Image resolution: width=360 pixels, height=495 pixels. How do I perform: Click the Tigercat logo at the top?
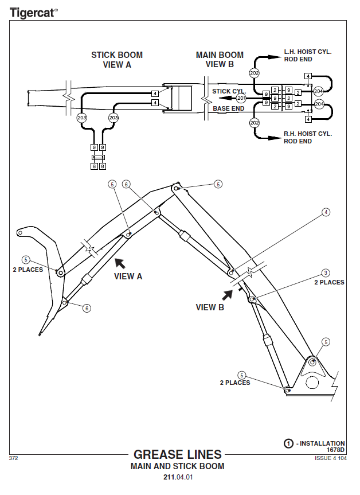click(x=33, y=11)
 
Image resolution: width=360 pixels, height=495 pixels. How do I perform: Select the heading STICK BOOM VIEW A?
click(x=117, y=60)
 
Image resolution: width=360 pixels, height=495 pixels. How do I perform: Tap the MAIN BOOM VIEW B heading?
click(x=220, y=60)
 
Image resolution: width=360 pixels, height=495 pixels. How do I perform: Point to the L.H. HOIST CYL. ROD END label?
click(x=308, y=55)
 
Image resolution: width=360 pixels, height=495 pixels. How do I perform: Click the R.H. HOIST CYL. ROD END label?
click(x=308, y=137)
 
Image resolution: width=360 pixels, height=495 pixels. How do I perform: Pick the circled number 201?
click(x=241, y=98)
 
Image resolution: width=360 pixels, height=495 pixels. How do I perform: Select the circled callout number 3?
click(x=326, y=273)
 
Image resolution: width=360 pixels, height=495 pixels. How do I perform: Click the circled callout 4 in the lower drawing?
click(x=326, y=212)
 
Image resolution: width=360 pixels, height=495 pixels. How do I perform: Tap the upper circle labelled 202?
click(x=255, y=73)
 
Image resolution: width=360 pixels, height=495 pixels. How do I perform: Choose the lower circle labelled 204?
click(x=319, y=104)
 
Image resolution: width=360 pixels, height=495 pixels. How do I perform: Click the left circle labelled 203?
click(x=81, y=118)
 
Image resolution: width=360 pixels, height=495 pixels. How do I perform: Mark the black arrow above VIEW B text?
click(x=228, y=294)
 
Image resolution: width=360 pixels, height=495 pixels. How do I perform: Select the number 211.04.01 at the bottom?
click(x=178, y=477)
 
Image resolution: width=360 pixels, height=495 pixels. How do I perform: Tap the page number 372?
click(x=14, y=458)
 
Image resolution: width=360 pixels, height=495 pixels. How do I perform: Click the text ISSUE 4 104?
click(x=330, y=458)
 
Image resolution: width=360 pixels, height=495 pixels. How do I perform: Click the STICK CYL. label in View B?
click(x=229, y=91)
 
